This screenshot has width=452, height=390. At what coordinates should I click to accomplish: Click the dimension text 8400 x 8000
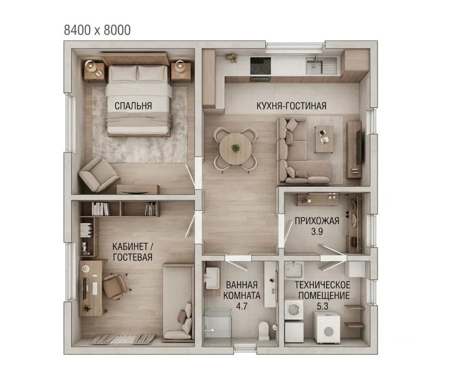tap(97, 30)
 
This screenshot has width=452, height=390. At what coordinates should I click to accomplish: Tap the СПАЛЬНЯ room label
tap(133, 106)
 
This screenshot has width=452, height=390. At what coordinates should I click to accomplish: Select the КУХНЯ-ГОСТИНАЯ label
tap(291, 106)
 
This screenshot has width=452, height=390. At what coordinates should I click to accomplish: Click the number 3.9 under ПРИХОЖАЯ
tap(317, 232)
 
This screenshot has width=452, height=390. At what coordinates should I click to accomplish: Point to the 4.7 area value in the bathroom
tap(242, 306)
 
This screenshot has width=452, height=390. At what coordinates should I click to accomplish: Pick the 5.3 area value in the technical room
tap(323, 306)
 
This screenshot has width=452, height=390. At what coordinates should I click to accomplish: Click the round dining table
tap(235, 148)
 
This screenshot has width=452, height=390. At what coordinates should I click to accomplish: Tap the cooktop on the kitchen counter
tap(260, 65)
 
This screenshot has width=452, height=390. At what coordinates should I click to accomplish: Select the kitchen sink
tap(314, 66)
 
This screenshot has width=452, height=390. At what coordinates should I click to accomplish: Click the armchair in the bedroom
tap(99, 174)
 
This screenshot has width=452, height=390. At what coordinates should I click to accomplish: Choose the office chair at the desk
tap(115, 287)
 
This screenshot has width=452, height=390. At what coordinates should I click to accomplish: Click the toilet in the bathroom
tap(264, 330)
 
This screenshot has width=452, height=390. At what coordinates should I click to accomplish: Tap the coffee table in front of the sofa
tap(324, 139)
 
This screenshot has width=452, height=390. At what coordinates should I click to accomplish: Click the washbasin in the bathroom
tap(213, 278)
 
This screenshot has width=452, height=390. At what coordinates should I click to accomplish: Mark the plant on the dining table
tap(235, 148)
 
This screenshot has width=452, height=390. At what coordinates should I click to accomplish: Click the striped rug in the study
tap(122, 339)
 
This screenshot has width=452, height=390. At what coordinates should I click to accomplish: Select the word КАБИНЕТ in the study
tap(130, 247)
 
